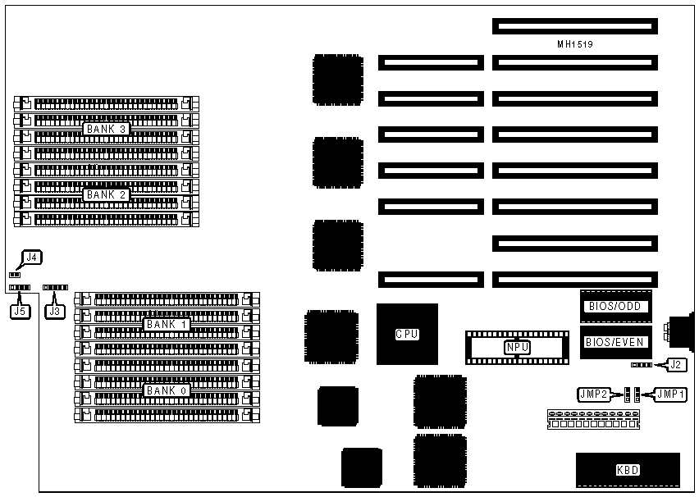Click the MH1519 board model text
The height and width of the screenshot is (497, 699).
pos(574,45)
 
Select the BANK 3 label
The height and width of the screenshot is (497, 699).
pos(107,130)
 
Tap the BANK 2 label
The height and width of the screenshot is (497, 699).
pos(107,195)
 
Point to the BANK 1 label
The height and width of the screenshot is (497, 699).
pos(167,325)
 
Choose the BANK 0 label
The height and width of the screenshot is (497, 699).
pos(167,390)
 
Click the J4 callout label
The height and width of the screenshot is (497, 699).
pos(31,258)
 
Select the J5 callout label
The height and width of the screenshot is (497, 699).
pos(20,311)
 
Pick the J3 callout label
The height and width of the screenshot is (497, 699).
pos(55,311)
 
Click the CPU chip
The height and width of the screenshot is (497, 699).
pos(407,334)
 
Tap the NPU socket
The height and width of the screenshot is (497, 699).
pos(517,347)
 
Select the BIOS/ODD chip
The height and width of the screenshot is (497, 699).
pos(616,306)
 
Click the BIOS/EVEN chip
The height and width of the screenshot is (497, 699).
pos(616,342)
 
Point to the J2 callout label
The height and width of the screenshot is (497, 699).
pos(675,364)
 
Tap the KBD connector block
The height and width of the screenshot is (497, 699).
pos(628,470)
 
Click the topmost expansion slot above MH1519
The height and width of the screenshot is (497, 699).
pos(574,27)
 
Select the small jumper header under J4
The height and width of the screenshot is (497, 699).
pos(14,275)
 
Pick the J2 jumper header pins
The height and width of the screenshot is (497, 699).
pos(642,364)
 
